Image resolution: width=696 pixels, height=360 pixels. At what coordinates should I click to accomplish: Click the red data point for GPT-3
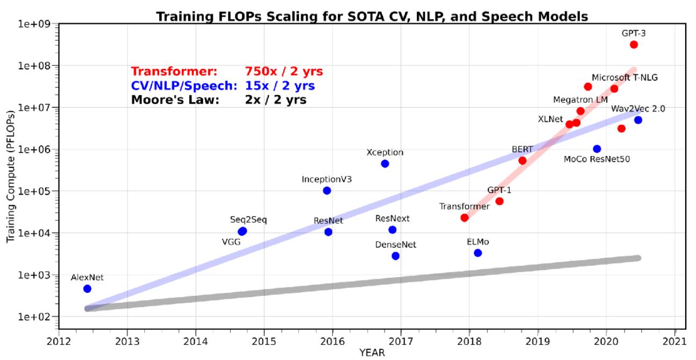[x=634, y=45]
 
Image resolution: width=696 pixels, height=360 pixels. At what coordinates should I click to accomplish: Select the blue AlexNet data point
[x=87, y=289]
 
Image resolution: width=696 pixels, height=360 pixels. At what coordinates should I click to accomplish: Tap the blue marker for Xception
[x=385, y=164]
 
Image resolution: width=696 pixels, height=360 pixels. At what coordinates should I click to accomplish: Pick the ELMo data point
[x=478, y=253]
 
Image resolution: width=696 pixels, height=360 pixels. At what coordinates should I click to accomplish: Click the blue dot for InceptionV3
[x=326, y=190]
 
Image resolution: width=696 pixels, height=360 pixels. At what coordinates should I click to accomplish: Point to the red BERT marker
[x=522, y=160]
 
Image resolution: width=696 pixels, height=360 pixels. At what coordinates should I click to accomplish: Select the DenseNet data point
[x=395, y=256]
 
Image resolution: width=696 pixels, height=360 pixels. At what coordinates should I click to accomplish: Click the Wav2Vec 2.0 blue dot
[x=638, y=120]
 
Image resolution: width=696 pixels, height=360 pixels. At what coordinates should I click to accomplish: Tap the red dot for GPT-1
[x=499, y=201]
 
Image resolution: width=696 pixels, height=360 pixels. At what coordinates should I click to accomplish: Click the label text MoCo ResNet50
[x=596, y=159]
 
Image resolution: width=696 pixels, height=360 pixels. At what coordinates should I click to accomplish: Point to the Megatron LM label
[x=579, y=100]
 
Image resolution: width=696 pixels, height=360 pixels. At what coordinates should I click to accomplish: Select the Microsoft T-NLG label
[x=624, y=77]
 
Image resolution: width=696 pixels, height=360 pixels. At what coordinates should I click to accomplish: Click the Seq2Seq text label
[x=248, y=220]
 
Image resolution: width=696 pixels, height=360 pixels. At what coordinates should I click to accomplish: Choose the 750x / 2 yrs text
[x=283, y=72]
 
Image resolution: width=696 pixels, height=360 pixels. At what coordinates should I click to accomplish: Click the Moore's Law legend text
[x=175, y=100]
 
